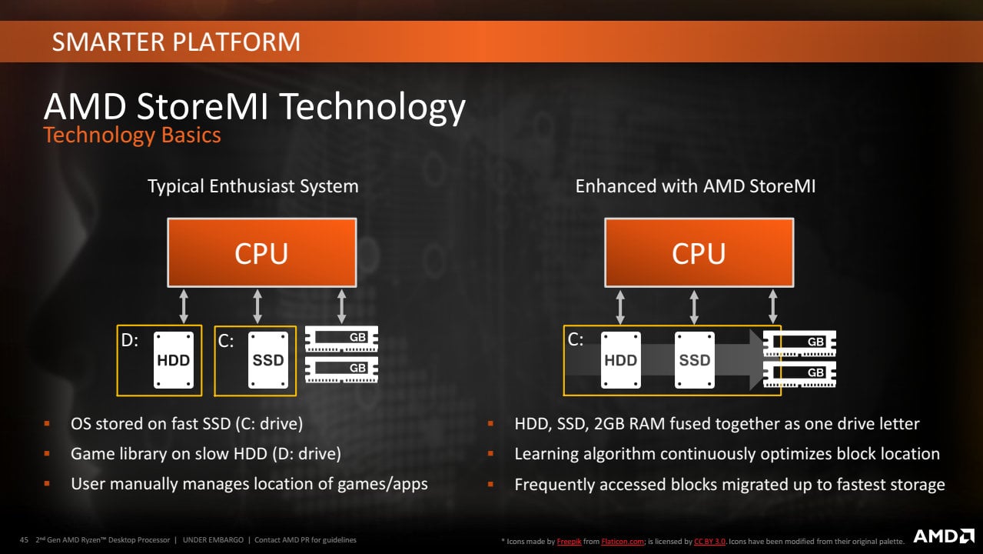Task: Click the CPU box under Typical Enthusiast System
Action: [261, 253]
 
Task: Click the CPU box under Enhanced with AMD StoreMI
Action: [699, 253]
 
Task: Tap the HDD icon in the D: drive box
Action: [174, 359]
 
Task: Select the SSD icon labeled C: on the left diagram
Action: [268, 359]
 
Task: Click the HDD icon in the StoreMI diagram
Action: [620, 359]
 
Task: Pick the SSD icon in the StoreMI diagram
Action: [695, 359]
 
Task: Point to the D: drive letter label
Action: [130, 340]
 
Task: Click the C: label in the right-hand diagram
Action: [576, 339]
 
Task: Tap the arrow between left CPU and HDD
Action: [183, 306]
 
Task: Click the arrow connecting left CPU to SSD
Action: [257, 306]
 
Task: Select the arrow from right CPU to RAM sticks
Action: [772, 306]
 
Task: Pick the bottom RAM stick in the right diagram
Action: [799, 373]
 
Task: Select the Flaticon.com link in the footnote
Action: [623, 542]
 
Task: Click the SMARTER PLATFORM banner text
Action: [176, 42]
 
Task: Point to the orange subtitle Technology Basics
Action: [132, 135]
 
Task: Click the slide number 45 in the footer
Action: [24, 539]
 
